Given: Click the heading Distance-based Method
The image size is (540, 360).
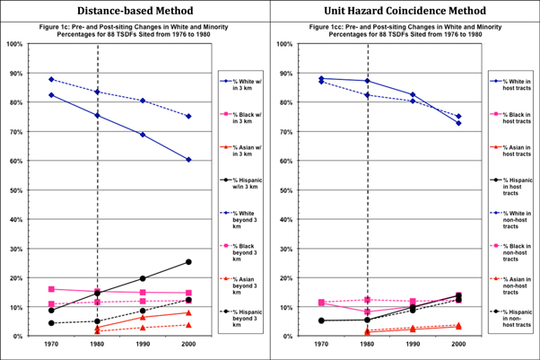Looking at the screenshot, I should click(135, 12).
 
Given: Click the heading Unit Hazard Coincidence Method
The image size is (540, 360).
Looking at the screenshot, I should click(405, 12).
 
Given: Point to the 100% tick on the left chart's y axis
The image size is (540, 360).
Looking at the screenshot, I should click(15, 44).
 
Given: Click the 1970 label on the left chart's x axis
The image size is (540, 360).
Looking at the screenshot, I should click(51, 345).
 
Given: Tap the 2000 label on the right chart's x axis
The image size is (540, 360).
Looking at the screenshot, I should click(458, 345).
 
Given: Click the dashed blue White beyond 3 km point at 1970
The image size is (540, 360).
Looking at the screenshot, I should click(51, 80).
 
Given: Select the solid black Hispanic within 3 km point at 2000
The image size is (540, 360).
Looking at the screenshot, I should click(187, 262).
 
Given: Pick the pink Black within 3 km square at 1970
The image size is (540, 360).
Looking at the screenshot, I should click(51, 289).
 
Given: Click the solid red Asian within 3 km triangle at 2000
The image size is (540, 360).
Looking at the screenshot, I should click(187, 312).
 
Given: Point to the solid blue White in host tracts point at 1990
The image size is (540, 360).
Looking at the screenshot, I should click(413, 94).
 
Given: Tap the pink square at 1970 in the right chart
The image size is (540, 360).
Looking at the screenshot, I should click(321, 303).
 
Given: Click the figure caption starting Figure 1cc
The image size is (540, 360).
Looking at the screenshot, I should click(404, 31).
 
